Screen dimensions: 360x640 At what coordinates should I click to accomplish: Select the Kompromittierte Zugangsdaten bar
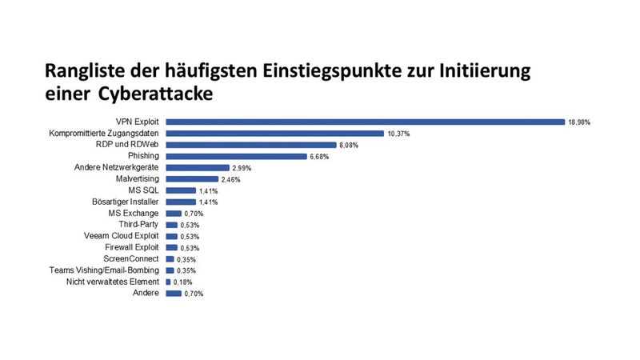(x=274, y=134)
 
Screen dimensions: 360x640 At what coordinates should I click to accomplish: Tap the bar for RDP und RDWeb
(x=250, y=145)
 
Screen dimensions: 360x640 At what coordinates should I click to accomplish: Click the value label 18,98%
(x=580, y=122)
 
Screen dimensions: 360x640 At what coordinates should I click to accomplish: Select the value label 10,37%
(x=398, y=134)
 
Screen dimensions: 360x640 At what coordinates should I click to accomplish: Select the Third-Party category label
(x=141, y=225)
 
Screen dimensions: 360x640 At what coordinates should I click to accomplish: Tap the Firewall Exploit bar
(x=171, y=248)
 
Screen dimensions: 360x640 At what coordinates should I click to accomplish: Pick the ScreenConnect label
(x=132, y=259)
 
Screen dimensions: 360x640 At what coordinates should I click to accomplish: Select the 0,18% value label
(x=182, y=282)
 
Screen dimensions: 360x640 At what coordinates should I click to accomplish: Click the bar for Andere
(x=173, y=294)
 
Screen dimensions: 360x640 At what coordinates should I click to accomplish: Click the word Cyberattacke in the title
(x=157, y=94)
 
